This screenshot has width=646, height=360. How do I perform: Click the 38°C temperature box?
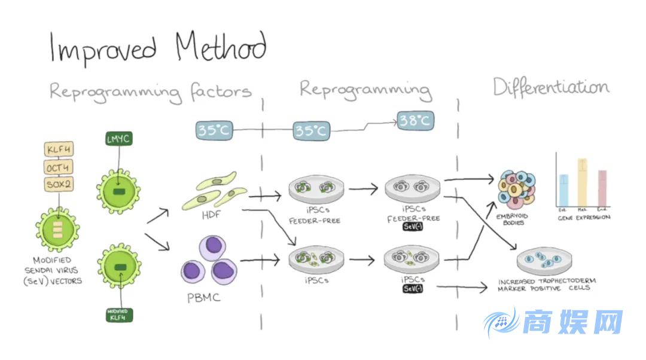point(415,121)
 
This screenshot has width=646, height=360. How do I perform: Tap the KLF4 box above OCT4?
point(59,150)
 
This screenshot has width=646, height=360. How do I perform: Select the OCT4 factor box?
point(59,167)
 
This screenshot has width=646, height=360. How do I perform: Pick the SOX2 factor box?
point(59,185)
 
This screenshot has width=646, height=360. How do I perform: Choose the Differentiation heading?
point(550,87)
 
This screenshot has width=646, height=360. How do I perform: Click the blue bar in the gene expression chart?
point(563,190)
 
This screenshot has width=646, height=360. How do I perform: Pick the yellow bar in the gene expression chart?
point(583,182)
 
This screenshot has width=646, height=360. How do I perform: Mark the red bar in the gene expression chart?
point(602,188)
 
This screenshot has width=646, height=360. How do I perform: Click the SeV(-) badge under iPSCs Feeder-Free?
point(412,227)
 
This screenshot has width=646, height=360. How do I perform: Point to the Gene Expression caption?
point(584,218)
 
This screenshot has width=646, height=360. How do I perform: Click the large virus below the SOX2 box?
point(57,230)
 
